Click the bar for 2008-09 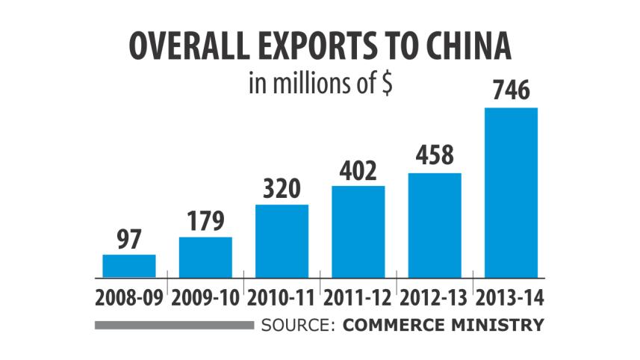click(129, 266)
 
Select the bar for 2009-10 click(205, 257)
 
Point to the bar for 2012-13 click(435, 225)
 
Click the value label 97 click(129, 240)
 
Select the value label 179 click(205, 222)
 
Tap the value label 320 click(282, 190)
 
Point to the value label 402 click(358, 171)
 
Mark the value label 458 click(435, 158)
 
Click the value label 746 click(512, 93)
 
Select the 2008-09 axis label click(129, 297)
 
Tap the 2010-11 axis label click(282, 297)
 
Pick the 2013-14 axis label click(512, 297)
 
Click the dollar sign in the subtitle click(388, 84)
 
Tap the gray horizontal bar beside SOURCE click(174, 325)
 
